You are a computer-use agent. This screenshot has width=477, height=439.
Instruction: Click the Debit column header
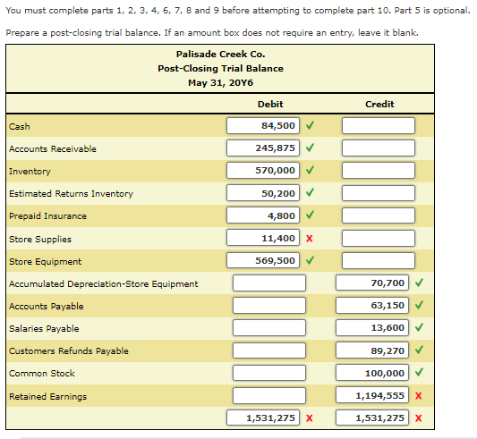coord(270,105)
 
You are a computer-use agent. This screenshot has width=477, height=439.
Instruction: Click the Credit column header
coord(379,105)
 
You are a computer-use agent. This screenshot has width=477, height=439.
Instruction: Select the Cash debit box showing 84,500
coord(263,125)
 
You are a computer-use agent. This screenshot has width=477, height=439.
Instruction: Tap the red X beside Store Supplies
coord(310,239)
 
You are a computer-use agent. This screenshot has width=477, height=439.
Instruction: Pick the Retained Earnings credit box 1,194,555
coord(372,395)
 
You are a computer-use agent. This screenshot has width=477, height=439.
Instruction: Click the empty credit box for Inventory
coord(379,171)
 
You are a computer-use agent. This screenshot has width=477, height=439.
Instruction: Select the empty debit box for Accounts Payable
coord(269,306)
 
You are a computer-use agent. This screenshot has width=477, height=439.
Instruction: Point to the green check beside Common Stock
coord(419,372)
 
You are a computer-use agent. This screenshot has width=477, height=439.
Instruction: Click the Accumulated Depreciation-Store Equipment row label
coord(104,284)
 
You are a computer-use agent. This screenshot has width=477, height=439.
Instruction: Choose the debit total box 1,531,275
coord(263,418)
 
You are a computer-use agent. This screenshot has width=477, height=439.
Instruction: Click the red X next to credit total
coord(419,418)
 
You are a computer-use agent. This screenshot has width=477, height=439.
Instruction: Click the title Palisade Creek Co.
coord(220,55)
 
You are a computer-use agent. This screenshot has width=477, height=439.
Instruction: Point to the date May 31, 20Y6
coord(220,82)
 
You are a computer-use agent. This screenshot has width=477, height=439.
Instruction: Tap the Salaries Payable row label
coord(44,329)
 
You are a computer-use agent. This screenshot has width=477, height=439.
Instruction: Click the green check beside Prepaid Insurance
coord(310,215)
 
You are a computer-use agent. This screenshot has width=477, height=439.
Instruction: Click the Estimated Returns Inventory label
coord(71,194)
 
